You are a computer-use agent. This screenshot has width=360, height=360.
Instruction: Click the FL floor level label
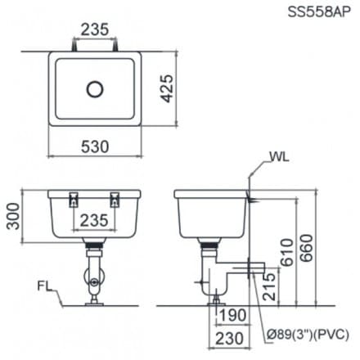click(45, 286)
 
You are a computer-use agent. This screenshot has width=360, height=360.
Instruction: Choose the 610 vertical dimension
click(286, 251)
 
